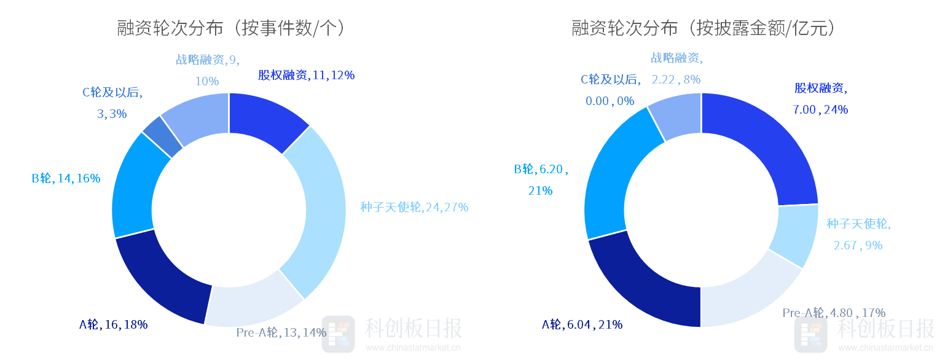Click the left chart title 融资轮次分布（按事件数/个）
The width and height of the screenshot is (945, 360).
point(230,28)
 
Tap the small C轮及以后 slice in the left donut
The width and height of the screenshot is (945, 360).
point(163,135)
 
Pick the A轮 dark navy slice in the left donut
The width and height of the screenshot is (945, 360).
point(163,276)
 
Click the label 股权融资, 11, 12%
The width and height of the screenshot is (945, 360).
point(306,76)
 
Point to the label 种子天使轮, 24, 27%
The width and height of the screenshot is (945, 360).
point(414,208)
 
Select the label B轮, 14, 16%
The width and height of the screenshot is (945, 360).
point(66,179)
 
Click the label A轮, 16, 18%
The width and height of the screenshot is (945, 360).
point(114,325)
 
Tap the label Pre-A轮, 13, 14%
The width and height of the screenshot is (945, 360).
point(281,333)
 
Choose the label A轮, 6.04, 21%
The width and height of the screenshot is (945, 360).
point(582,325)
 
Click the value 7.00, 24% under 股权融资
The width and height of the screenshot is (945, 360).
point(820,110)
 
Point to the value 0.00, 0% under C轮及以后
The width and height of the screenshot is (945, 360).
point(610,101)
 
